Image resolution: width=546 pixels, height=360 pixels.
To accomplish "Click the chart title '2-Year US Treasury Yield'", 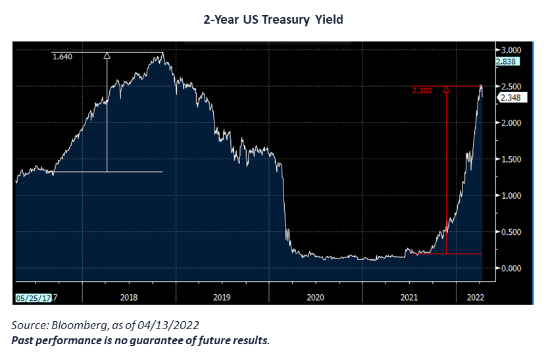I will click(x=273, y=20).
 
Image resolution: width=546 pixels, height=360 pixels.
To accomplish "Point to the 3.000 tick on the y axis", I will click(x=512, y=50).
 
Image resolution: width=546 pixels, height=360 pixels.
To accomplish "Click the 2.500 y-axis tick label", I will click(x=512, y=86).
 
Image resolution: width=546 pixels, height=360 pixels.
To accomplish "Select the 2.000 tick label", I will click(x=512, y=123).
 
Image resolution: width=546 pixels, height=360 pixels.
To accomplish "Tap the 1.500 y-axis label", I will click(x=512, y=159).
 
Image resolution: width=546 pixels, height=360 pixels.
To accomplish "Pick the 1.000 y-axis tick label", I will click(x=512, y=196).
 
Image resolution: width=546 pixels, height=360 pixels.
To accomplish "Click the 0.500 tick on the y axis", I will click(x=512, y=232).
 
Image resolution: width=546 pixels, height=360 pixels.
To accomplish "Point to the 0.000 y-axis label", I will click(x=512, y=269).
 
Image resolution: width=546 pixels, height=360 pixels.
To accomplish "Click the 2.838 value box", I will click(x=510, y=62).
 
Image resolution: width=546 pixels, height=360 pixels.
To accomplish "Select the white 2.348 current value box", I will click(x=511, y=98).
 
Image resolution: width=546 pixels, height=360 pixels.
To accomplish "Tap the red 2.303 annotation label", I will click(x=421, y=90).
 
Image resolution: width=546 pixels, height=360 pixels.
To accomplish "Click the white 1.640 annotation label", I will click(x=62, y=57).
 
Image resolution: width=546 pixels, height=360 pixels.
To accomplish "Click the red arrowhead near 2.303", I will click(x=446, y=90).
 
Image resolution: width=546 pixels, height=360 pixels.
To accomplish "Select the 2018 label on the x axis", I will click(x=129, y=297).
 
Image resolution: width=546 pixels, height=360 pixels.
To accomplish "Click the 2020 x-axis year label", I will click(x=316, y=297).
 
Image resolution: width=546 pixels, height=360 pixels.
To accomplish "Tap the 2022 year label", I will click(x=474, y=297).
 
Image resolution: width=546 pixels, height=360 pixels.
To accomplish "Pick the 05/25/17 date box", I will click(x=34, y=297).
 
